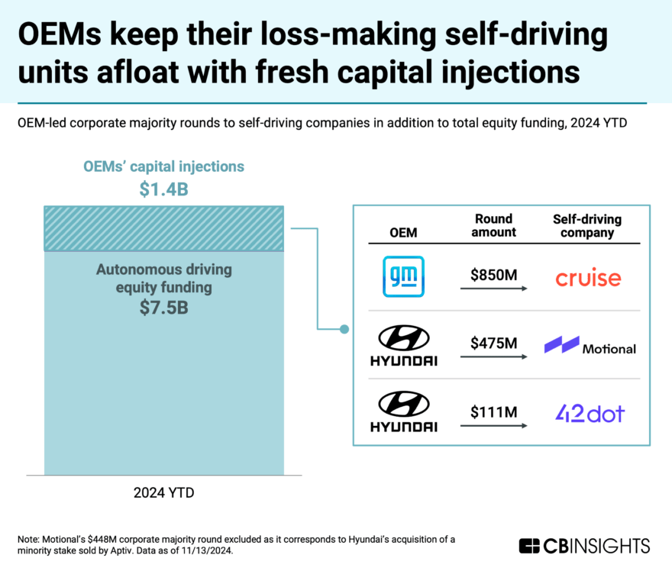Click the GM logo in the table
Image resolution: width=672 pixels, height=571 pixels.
click(x=403, y=276)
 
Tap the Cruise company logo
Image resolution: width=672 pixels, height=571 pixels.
click(x=588, y=278)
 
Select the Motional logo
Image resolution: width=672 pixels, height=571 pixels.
click(x=590, y=347)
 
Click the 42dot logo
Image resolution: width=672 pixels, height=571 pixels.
click(x=589, y=414)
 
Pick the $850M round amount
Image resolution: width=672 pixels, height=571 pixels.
click(x=494, y=274)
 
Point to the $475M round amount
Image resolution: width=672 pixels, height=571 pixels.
click(x=494, y=343)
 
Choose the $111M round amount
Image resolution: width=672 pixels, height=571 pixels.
click(x=494, y=412)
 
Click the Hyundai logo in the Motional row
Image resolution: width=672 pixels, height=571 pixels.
click(x=404, y=345)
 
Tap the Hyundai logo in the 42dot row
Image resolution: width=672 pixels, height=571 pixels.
click(x=404, y=413)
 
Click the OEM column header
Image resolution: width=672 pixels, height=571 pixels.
click(x=403, y=232)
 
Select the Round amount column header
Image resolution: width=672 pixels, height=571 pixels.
click(x=493, y=226)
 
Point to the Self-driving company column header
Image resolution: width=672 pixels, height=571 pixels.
click(x=587, y=226)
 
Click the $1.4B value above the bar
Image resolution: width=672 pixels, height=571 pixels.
click(x=163, y=190)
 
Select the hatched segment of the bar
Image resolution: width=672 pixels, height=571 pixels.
click(x=163, y=228)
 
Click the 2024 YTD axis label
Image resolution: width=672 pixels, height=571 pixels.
click(x=163, y=492)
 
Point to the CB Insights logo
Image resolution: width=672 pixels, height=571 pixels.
click(x=584, y=545)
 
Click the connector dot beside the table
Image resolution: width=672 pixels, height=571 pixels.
click(x=344, y=329)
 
